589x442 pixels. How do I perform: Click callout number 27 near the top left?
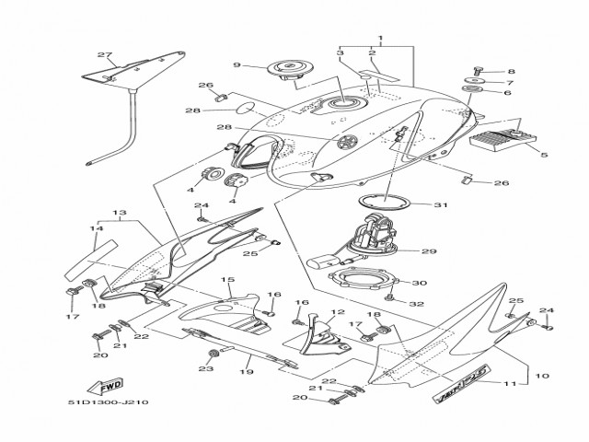click(104, 54)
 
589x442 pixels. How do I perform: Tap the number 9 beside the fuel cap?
click(237, 65)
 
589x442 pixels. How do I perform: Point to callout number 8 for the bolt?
click(513, 71)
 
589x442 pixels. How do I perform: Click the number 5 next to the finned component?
click(545, 156)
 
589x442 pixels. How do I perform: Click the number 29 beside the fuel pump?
click(429, 250)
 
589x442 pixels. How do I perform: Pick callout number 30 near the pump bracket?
click(420, 284)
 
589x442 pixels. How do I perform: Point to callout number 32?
click(416, 303)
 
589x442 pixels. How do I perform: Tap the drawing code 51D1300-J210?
click(108, 402)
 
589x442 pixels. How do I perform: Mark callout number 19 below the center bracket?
click(245, 372)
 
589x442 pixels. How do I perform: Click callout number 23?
click(205, 368)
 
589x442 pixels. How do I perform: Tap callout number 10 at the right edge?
click(542, 376)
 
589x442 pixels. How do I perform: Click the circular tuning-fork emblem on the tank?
click(348, 142)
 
